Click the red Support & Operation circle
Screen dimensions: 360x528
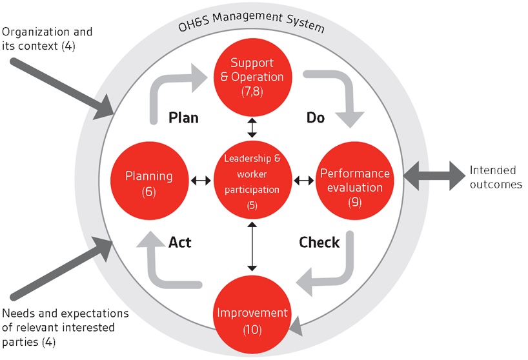click(x=252, y=76)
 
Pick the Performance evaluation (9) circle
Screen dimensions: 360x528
click(x=354, y=181)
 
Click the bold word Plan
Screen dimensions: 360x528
click(x=183, y=117)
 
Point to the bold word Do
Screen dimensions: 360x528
click(x=315, y=117)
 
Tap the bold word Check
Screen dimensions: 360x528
click(x=319, y=243)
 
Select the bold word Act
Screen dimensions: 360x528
click(x=179, y=243)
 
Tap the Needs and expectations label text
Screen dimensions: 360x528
click(x=65, y=327)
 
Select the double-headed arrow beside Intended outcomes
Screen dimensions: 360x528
click(x=431, y=175)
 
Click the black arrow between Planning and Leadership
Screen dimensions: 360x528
click(x=201, y=181)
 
